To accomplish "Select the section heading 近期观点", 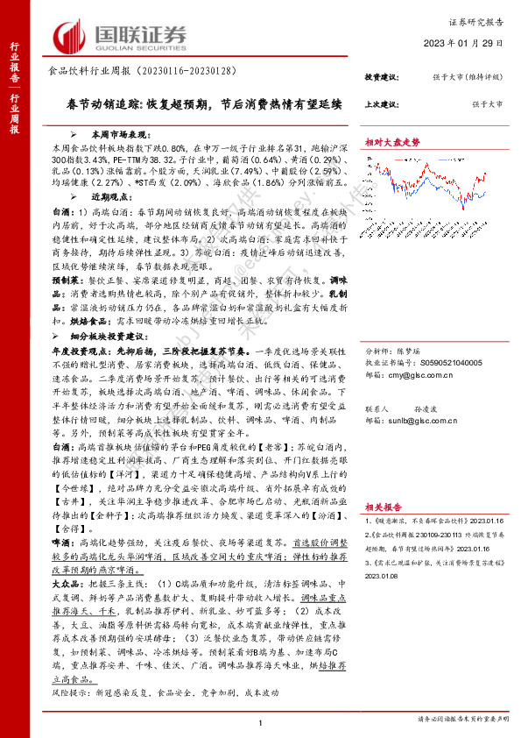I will tap(97, 200).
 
